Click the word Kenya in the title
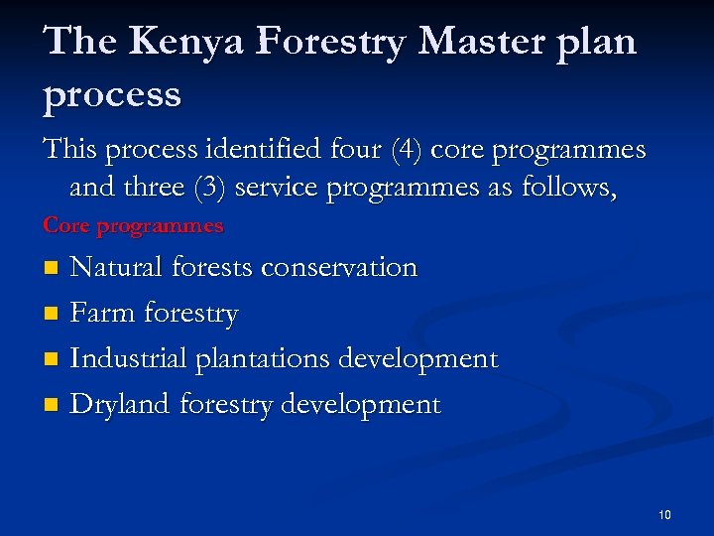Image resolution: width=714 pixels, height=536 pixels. (x=176, y=41)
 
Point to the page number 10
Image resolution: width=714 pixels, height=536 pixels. (x=664, y=514)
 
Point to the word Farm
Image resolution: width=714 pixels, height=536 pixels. (x=103, y=314)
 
